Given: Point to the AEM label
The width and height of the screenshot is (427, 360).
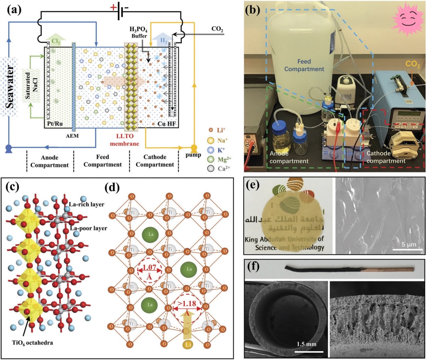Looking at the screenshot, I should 72,136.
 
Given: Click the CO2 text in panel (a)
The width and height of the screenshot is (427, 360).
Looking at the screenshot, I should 217,29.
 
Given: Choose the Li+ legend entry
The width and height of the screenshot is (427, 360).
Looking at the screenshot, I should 217,130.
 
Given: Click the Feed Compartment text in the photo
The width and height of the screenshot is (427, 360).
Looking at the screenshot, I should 304,65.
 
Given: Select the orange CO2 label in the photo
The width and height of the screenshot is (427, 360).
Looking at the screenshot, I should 413,64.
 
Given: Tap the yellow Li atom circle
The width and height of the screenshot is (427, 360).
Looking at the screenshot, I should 188,344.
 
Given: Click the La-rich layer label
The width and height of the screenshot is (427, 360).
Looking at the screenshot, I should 86,204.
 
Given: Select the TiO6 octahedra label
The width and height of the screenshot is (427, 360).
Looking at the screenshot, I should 32,343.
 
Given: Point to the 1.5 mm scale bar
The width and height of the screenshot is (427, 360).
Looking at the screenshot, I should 310,351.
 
